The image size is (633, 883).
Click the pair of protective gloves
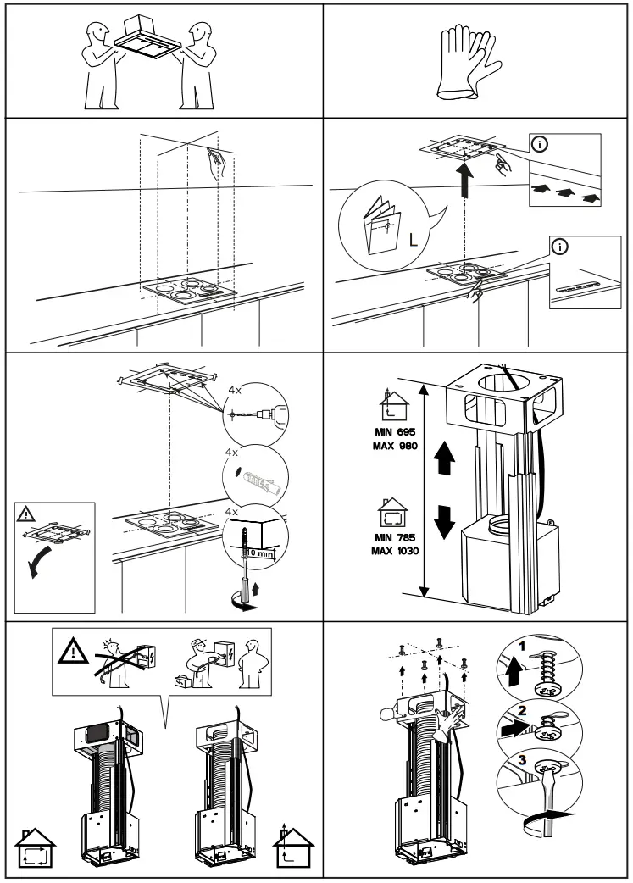(464, 60)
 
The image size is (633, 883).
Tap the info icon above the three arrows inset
(538, 142)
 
